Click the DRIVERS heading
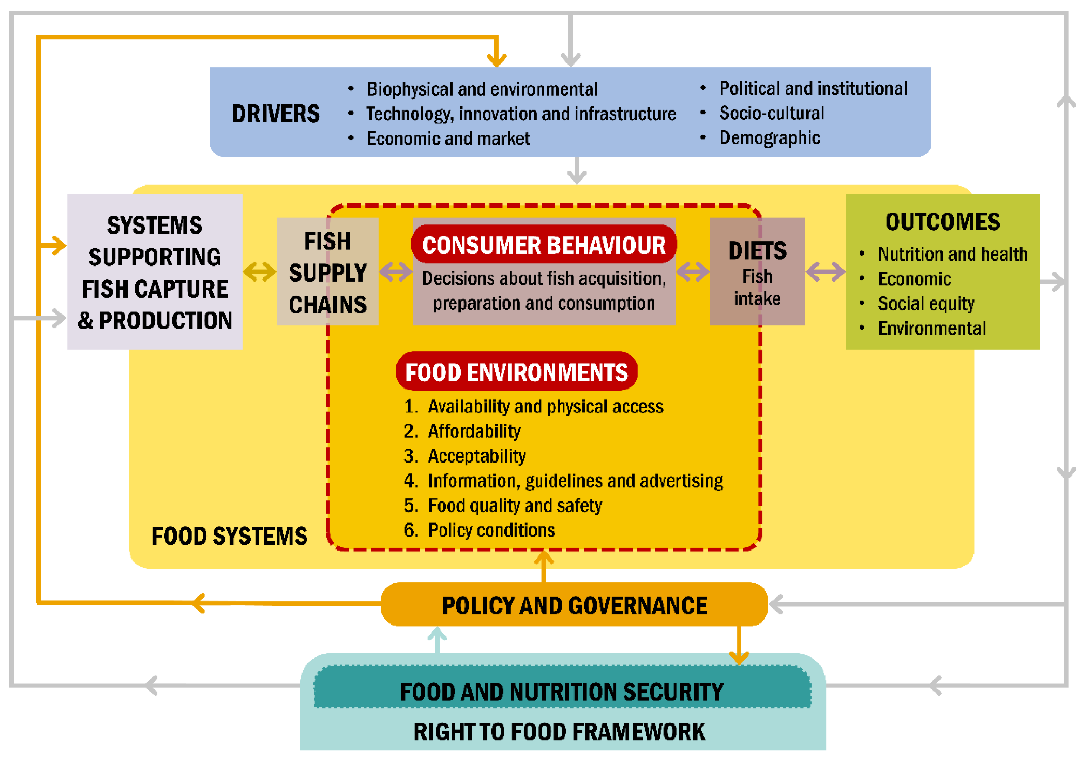(276, 114)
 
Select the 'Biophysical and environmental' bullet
(482, 89)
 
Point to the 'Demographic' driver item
(769, 138)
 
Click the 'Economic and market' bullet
(448, 138)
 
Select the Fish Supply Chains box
(327, 272)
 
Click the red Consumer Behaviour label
(543, 245)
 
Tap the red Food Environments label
(516, 372)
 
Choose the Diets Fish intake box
(757, 272)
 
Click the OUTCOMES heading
(943, 222)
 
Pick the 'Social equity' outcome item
(926, 303)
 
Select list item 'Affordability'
(474, 431)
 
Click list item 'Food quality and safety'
(515, 505)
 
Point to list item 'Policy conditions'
(491, 530)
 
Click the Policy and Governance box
(574, 605)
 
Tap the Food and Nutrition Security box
(562, 691)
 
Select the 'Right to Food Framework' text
(559, 732)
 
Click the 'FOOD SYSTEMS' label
(229, 536)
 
